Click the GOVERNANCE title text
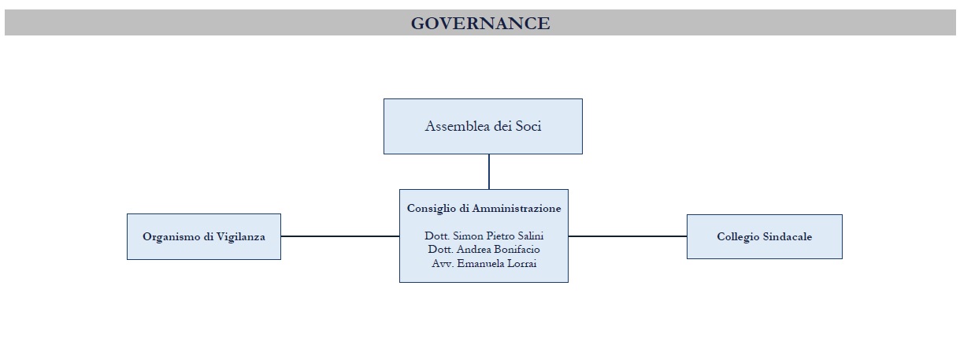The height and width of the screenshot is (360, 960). [480, 23]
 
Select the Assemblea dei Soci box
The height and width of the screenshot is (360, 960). [483, 126]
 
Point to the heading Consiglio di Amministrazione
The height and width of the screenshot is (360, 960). [484, 208]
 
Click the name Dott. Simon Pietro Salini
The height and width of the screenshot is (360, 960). [484, 236]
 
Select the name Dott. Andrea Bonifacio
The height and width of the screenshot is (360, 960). [484, 250]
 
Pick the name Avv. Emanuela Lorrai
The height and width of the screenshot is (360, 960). [484, 263]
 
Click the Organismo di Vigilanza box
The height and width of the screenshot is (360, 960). [204, 236]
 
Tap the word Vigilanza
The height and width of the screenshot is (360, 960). [240, 237]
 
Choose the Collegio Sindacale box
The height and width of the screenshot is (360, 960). [765, 236]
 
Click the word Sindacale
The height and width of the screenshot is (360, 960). [788, 236]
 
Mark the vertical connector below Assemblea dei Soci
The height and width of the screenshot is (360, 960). [489, 172]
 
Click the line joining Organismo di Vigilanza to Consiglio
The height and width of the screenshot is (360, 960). [340, 236]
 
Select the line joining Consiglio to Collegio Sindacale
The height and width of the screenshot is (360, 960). [628, 236]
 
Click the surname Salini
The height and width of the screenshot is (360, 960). [531, 236]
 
